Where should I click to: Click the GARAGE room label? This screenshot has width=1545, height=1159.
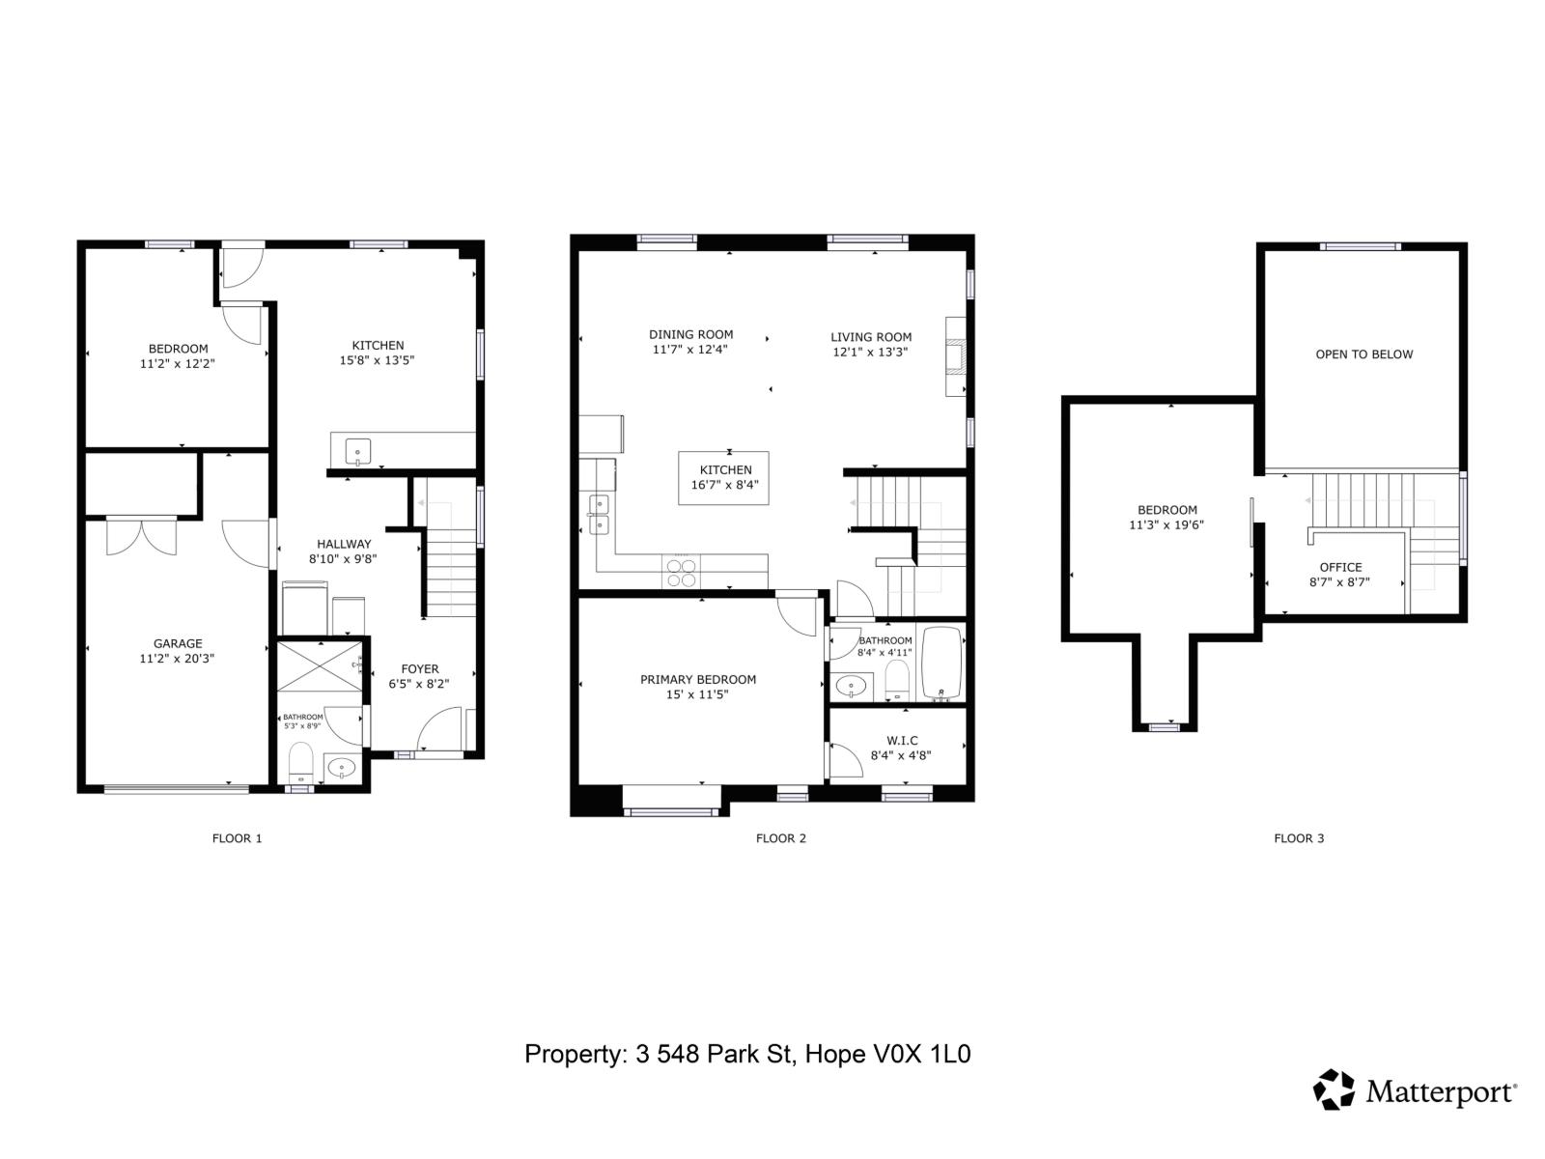(x=178, y=643)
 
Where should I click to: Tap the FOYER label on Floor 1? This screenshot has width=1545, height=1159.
(x=419, y=668)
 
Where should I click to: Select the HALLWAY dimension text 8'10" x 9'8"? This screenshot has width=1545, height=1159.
(x=343, y=559)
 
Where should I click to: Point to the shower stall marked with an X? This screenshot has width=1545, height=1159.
(x=319, y=665)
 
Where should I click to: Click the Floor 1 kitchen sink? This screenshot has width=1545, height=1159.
(x=357, y=451)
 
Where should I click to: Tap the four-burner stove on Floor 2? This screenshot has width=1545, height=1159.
(x=681, y=573)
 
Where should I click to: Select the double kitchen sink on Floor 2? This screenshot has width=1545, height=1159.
(x=599, y=514)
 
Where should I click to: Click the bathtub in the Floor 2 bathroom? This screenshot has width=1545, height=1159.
(x=941, y=663)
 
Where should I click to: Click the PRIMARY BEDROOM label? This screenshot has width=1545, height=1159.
(x=697, y=679)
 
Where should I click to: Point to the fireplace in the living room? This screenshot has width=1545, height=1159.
(x=955, y=356)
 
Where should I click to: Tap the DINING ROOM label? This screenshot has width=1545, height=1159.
(x=690, y=334)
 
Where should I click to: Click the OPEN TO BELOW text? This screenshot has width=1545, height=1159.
(x=1363, y=354)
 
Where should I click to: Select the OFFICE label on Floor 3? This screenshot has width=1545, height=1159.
(x=1340, y=567)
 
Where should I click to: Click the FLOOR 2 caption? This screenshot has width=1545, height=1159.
(x=780, y=838)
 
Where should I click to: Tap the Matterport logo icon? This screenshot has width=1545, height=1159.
(x=1334, y=1089)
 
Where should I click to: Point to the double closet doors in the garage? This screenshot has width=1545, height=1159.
(x=142, y=536)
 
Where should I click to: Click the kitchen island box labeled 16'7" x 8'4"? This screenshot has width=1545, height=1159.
(x=724, y=478)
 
